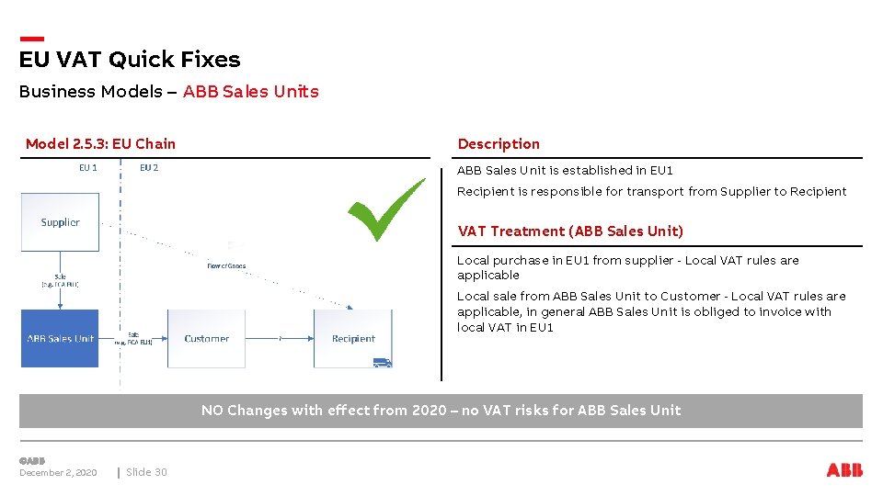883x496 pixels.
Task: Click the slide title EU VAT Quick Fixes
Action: (x=130, y=60)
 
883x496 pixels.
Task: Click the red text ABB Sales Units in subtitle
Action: (x=250, y=91)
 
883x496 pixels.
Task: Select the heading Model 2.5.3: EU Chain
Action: (x=100, y=143)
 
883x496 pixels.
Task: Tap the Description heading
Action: (x=499, y=143)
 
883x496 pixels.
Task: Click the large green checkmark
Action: (x=386, y=210)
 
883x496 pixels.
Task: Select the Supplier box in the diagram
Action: (x=60, y=222)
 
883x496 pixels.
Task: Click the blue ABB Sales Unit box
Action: (x=60, y=338)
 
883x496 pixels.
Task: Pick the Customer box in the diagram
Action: (x=206, y=338)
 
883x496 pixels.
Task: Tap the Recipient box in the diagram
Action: (x=353, y=338)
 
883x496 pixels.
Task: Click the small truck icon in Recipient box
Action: (x=382, y=363)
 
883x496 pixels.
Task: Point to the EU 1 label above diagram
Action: (x=88, y=168)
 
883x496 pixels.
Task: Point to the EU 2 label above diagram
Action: (x=149, y=168)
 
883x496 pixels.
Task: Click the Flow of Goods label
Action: (x=226, y=266)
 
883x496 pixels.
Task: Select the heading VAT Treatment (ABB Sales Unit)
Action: (x=570, y=231)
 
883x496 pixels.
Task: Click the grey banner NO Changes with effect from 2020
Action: (x=441, y=411)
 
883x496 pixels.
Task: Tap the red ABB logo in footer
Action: (x=844, y=470)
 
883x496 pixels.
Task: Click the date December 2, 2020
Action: (x=58, y=472)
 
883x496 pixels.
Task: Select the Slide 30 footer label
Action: (x=146, y=472)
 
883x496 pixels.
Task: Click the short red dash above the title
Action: (x=32, y=39)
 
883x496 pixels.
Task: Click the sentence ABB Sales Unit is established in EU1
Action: (x=565, y=170)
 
